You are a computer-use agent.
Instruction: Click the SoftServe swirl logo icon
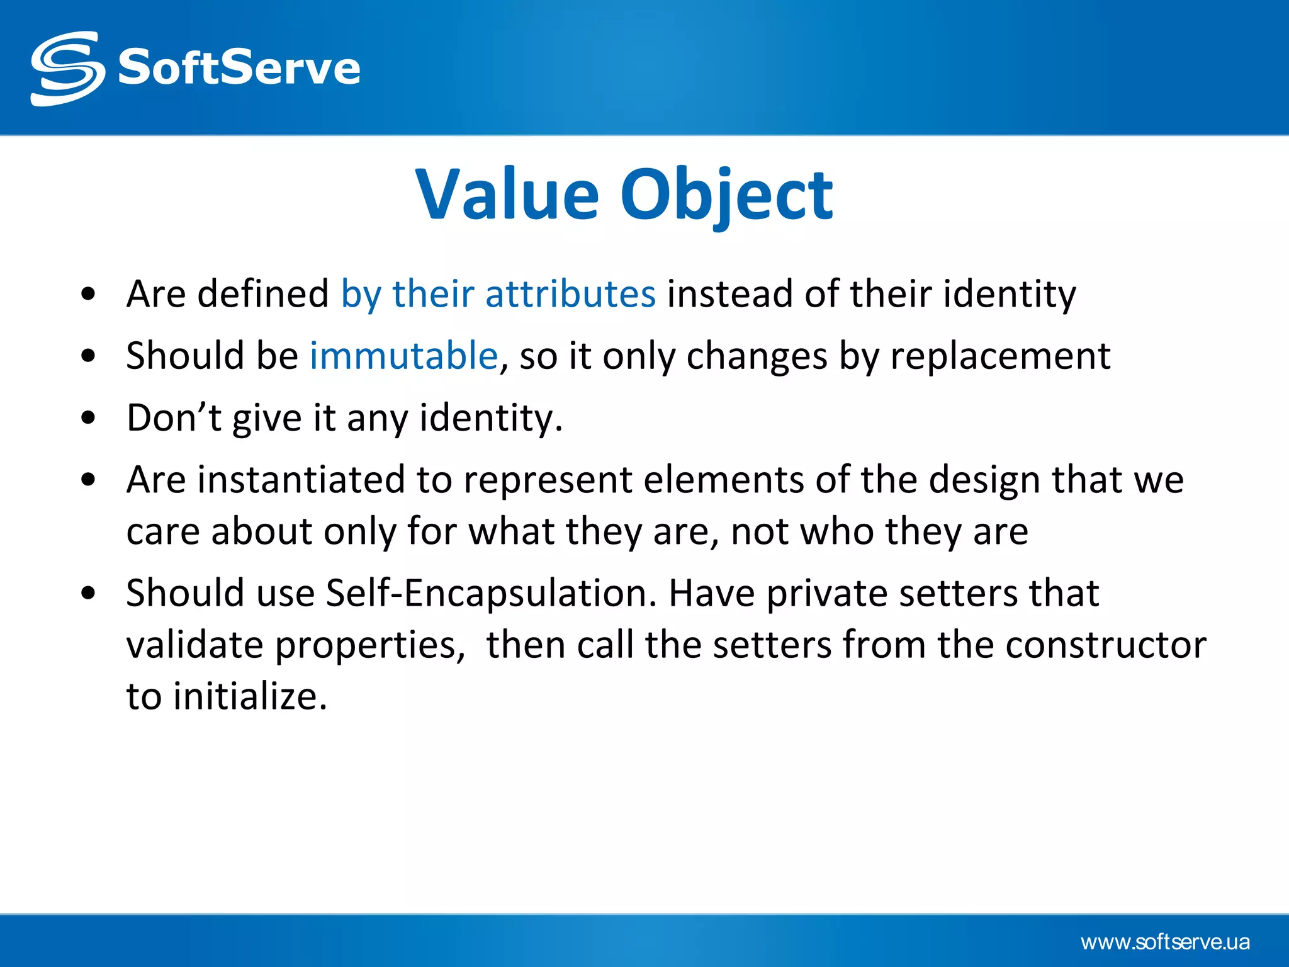(67, 68)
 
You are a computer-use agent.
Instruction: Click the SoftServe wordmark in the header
(239, 68)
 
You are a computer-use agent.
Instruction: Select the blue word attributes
(570, 294)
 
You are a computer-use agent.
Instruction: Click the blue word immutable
(403, 356)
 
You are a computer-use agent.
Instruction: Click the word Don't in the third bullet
(174, 417)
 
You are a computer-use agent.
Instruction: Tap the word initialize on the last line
(249, 697)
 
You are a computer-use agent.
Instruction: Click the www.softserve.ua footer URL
(1165, 942)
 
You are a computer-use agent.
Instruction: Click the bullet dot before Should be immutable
(89, 356)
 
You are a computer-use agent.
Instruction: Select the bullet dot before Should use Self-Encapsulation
(89, 593)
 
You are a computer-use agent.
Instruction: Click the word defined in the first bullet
(262, 294)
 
